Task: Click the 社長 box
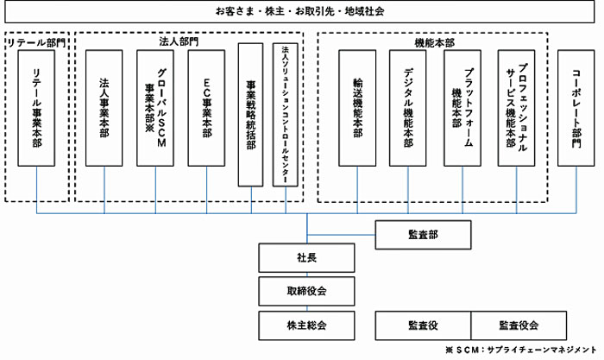coord(306,257)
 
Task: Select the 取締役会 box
coord(306,291)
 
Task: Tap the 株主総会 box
coord(306,325)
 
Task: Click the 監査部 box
coord(423,235)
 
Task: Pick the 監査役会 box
coord(519,325)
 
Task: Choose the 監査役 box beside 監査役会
coord(423,325)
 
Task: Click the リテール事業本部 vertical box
coord(36,108)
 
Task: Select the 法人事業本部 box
coord(104,108)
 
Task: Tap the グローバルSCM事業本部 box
coord(155,108)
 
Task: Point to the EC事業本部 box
coord(206,108)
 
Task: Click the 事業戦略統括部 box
coord(251,115)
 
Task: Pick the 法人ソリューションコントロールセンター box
coord(286,115)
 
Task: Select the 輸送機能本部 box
coord(357,108)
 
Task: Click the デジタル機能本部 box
coord(408,108)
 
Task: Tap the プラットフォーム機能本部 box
coord(462,108)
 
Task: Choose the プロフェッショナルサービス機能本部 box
coord(516,108)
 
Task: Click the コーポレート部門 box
coord(576,108)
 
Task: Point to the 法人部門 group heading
coord(179,41)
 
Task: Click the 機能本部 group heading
coord(435,43)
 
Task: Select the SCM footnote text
coord(521,350)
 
